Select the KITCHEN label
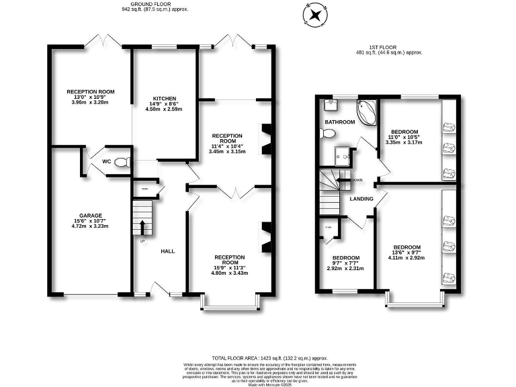coord(164,99)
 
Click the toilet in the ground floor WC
coord(120,162)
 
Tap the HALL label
coord(168,251)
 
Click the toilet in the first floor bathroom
coord(328,134)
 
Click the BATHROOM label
coord(340,122)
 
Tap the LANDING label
coord(361,198)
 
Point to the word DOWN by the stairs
coord(357,180)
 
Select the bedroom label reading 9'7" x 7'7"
coord(345,263)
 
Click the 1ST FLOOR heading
coord(389,48)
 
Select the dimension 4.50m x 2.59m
coord(164,110)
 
